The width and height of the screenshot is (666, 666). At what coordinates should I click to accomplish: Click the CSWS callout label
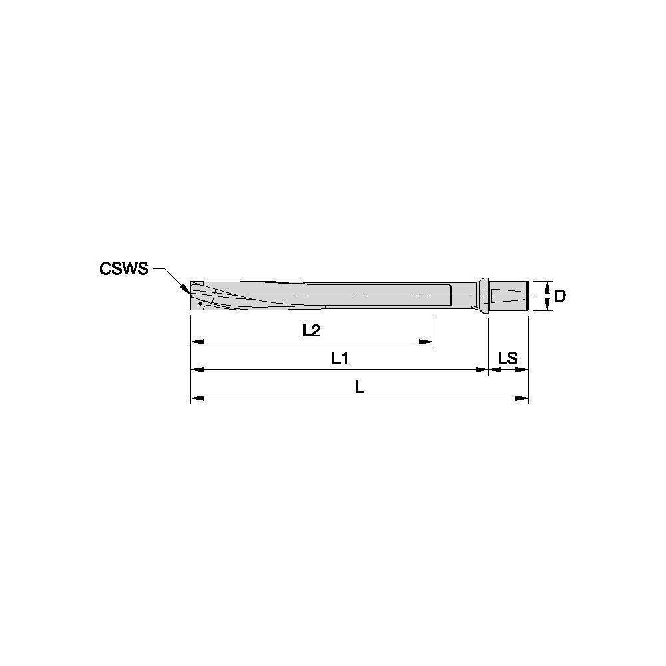(x=123, y=268)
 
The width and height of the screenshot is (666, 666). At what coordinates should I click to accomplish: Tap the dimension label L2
(x=311, y=330)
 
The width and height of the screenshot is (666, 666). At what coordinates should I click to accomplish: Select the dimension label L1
(x=340, y=358)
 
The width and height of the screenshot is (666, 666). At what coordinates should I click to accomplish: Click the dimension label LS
(x=508, y=358)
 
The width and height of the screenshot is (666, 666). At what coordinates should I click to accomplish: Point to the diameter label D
(x=560, y=296)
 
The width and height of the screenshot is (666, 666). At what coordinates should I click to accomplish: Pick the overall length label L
(x=359, y=387)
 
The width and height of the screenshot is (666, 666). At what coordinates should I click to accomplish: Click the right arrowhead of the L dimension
(x=523, y=398)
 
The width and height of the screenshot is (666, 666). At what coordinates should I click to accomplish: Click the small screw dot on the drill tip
(x=200, y=303)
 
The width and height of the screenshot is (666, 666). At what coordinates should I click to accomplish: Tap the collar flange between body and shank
(x=481, y=296)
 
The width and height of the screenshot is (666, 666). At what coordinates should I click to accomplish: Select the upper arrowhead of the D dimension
(x=547, y=285)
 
